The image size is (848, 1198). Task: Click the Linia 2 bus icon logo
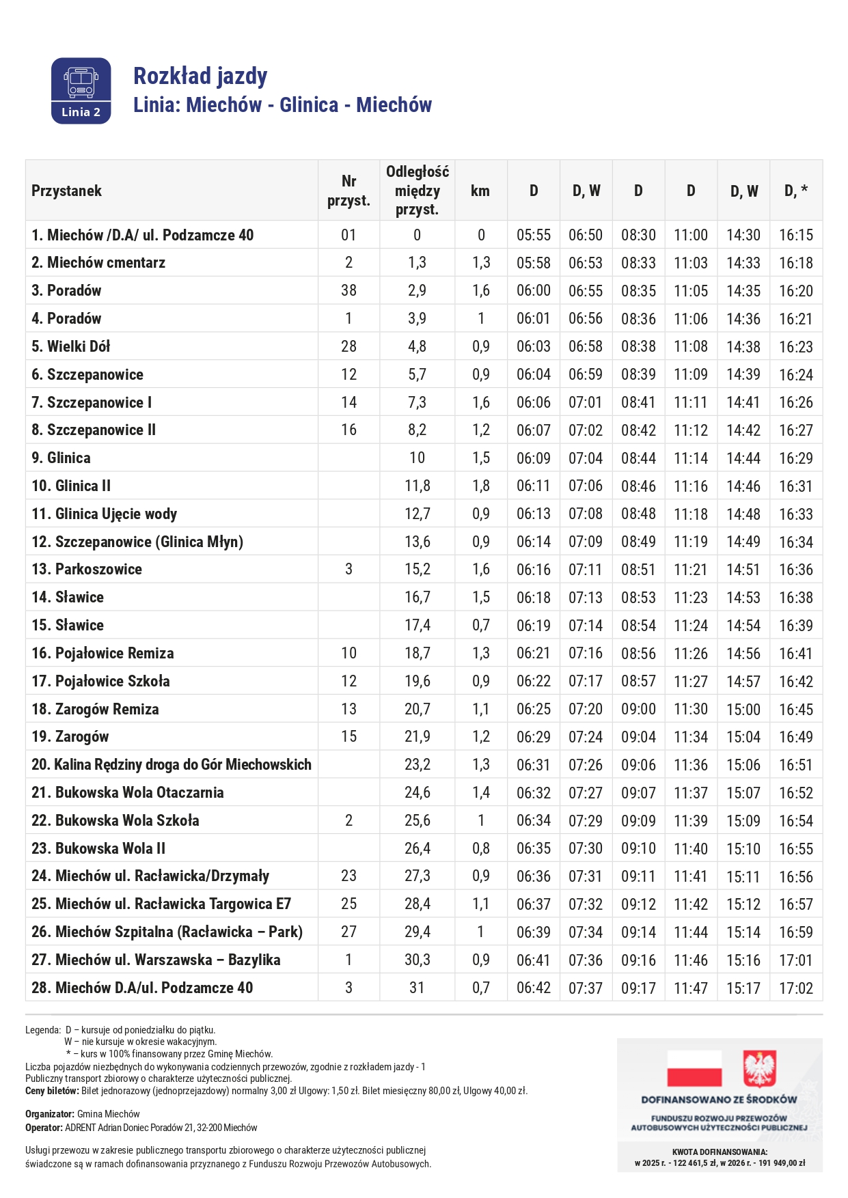point(81,91)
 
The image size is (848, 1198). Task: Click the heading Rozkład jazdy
point(200,76)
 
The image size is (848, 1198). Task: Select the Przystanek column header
point(66,191)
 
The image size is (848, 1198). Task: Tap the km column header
point(480,191)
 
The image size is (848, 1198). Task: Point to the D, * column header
point(796,191)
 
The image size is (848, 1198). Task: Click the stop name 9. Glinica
point(61,458)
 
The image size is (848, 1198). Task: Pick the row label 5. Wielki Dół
point(70,346)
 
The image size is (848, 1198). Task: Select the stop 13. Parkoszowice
point(87,569)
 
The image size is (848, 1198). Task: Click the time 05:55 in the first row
point(534,235)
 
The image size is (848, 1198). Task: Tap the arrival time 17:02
point(796,988)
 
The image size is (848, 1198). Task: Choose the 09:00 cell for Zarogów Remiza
point(638,709)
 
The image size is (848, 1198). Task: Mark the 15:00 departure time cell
point(743,709)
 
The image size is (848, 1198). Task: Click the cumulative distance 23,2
point(417,764)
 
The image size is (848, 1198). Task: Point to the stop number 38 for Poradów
point(348,290)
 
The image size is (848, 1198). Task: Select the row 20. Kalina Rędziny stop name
point(171,764)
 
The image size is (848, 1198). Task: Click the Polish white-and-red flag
point(694,1068)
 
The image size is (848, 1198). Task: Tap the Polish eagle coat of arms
point(760,1068)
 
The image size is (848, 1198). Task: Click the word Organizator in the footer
point(49,1114)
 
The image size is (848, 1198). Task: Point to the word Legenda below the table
point(42,1029)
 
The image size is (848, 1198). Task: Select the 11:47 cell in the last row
point(691,988)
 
